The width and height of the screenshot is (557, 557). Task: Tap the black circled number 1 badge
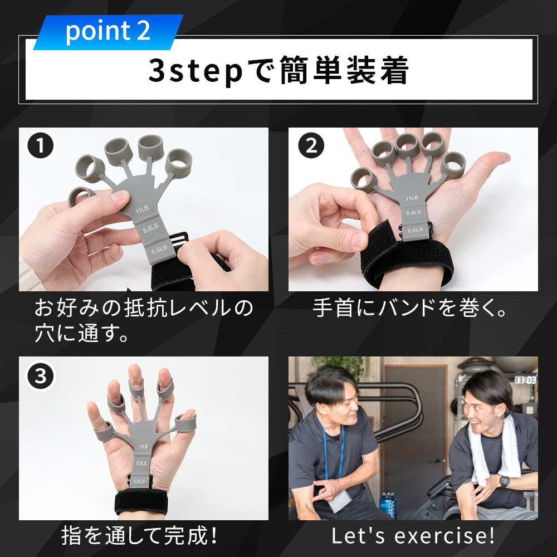point(41,145)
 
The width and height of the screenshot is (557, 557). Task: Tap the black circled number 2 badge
point(311,145)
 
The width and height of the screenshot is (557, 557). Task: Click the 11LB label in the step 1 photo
point(141,210)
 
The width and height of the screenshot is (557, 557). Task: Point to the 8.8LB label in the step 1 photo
point(150,228)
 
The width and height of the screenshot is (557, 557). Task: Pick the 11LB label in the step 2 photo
point(412,198)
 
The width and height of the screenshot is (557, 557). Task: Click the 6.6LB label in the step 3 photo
point(139,482)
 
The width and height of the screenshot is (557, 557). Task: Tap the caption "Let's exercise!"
point(413,536)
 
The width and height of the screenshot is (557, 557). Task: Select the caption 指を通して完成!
point(139,536)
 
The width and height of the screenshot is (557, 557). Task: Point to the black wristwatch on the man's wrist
point(504,481)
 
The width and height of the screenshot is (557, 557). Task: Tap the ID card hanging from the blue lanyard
point(338,501)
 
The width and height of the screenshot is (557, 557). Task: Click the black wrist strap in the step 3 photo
point(141,502)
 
